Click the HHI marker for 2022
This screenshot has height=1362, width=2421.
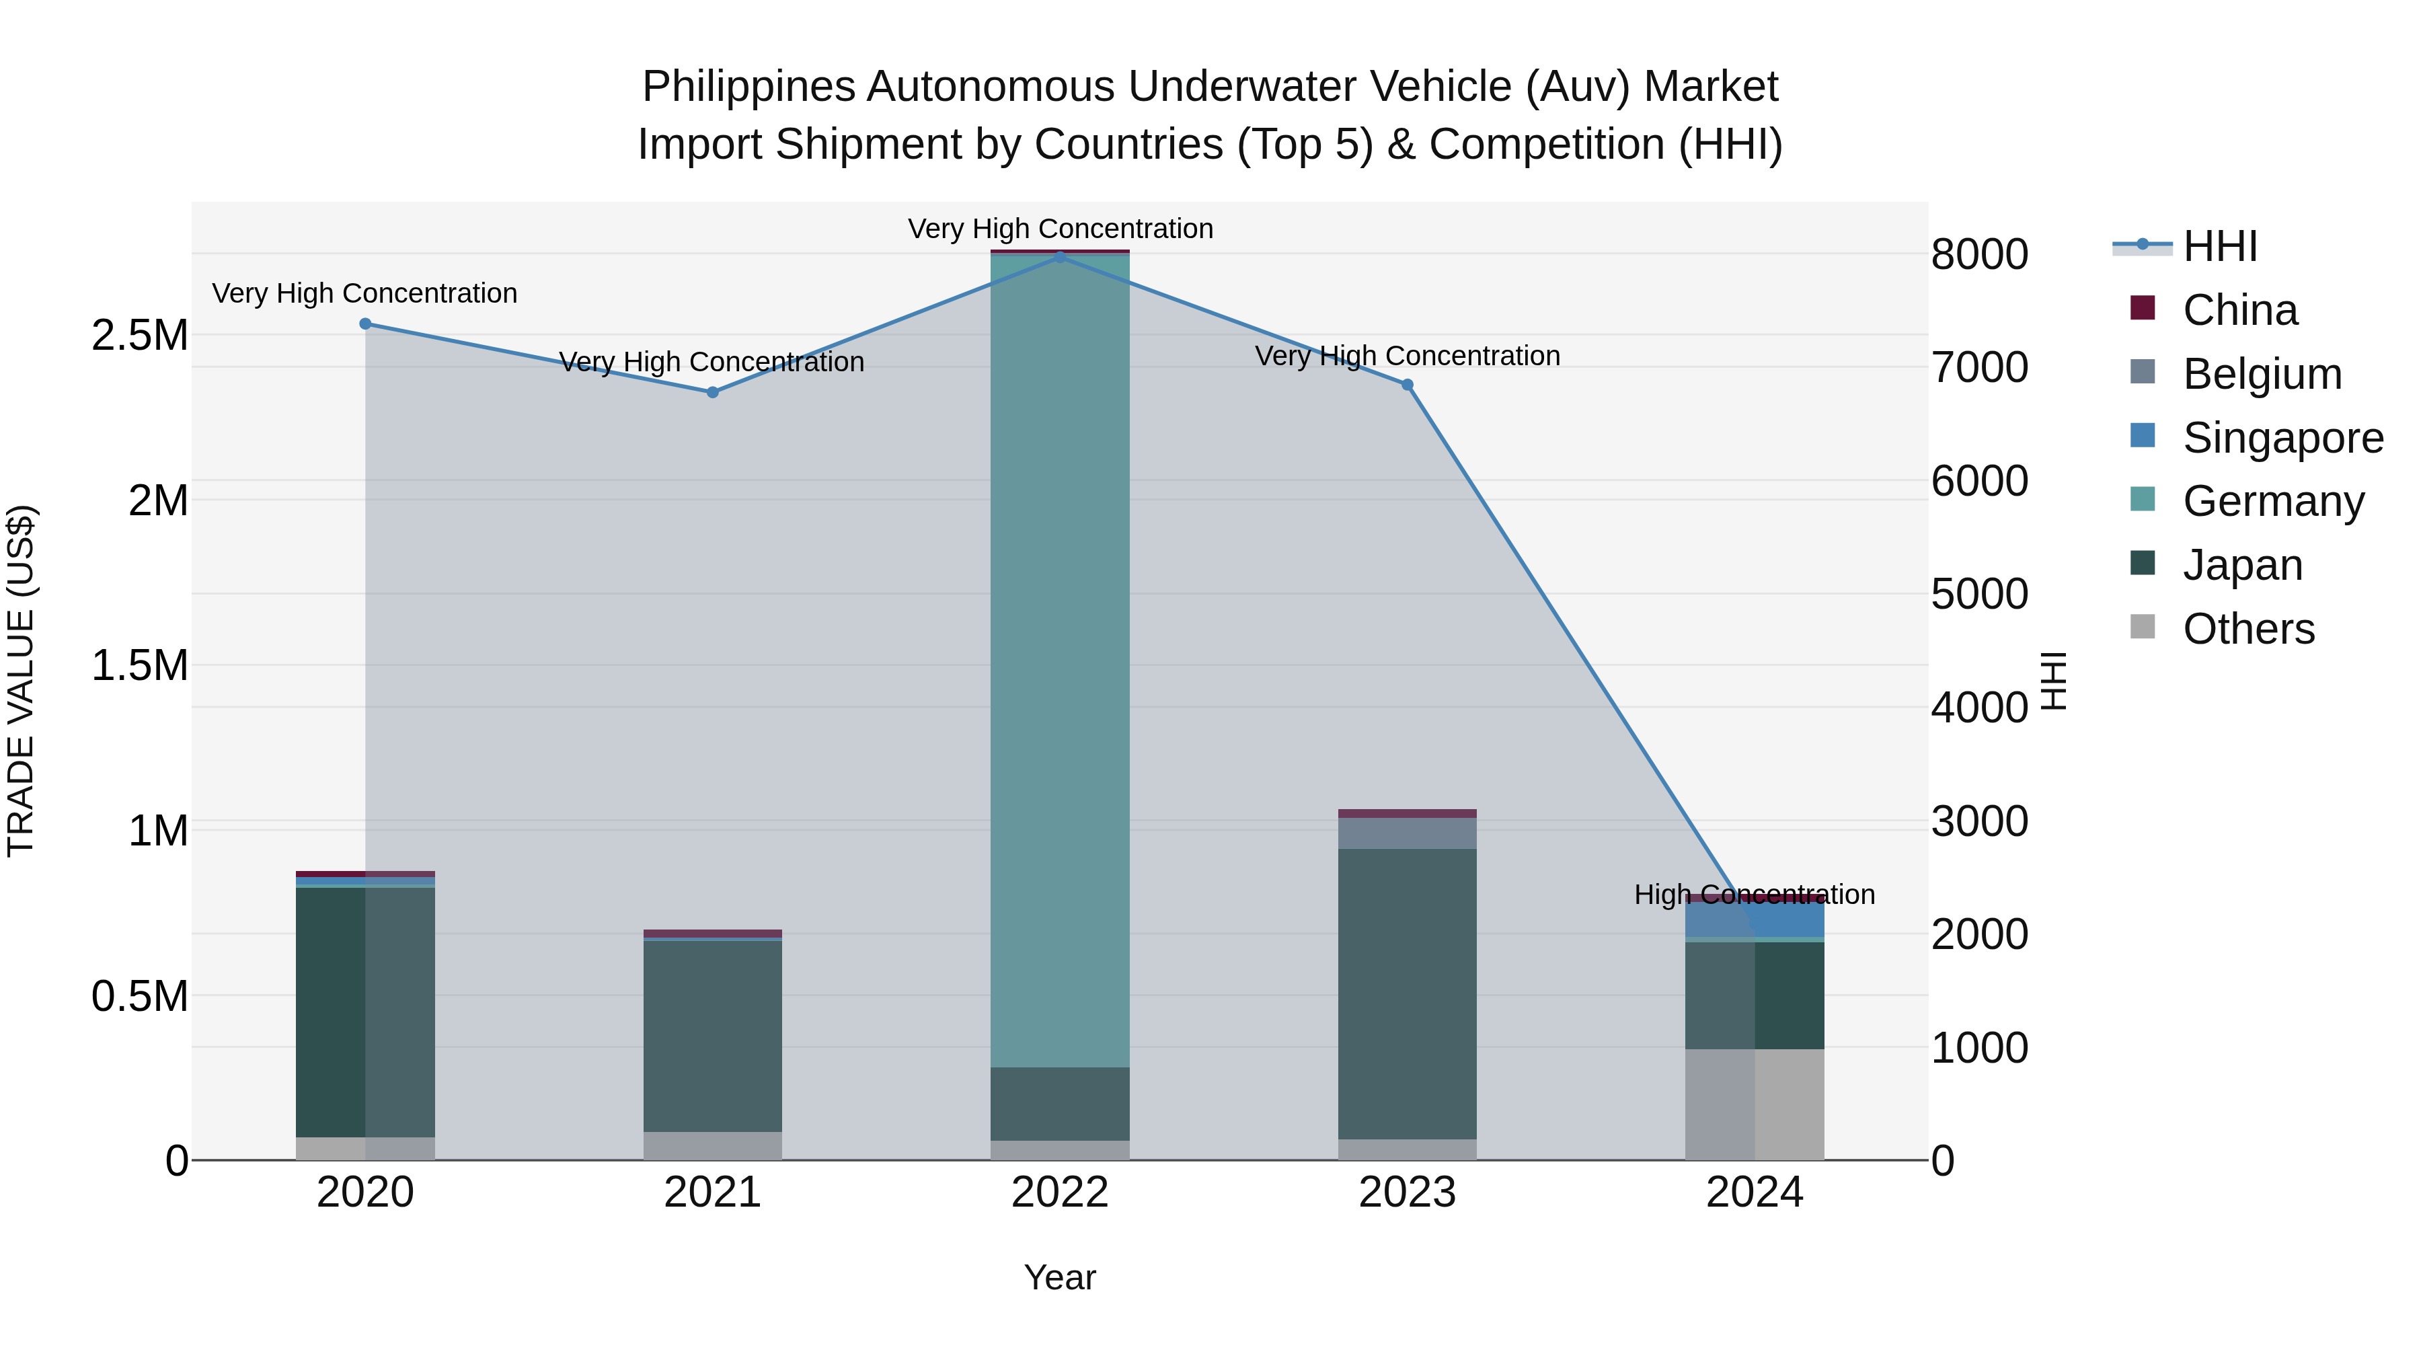tap(1060, 257)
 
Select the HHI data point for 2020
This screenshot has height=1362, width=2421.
tap(366, 324)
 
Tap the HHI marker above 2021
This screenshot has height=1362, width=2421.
tap(712, 392)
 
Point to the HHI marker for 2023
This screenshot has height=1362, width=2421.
tap(1407, 385)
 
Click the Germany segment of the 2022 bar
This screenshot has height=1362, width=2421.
tap(1060, 658)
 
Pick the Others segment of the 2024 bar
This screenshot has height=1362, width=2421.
tap(1755, 1104)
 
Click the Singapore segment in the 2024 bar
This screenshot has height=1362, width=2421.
tap(1755, 919)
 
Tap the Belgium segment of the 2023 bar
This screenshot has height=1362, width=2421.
tap(1407, 833)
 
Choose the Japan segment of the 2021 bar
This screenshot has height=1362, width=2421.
tap(712, 1034)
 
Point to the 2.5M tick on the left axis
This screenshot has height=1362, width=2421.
tap(140, 336)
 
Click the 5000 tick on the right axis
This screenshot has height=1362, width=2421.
tap(1979, 594)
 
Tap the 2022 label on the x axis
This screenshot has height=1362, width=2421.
tap(1060, 1193)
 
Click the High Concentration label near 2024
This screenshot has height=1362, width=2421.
tap(1754, 894)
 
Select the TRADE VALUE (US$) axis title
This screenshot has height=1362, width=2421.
tap(21, 681)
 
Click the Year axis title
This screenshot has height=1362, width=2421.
tap(1059, 1277)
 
